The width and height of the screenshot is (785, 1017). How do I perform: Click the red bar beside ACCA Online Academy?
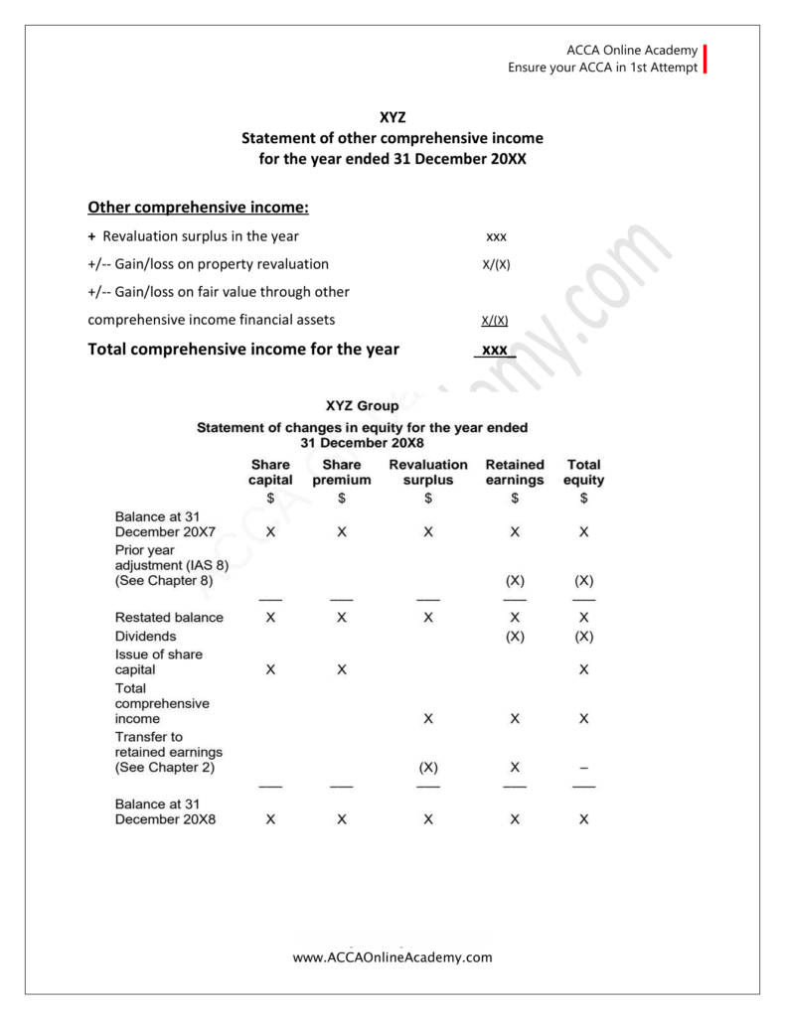tap(705, 60)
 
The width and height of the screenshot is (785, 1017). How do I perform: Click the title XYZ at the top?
tap(392, 117)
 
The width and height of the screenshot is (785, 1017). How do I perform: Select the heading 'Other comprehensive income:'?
tap(199, 208)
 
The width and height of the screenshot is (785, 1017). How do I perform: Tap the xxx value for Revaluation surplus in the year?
tap(496, 236)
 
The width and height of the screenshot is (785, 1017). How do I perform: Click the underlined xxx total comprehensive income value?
tap(495, 350)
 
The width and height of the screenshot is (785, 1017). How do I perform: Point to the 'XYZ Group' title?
tap(362, 405)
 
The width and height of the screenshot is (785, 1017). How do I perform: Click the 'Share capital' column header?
tap(270, 472)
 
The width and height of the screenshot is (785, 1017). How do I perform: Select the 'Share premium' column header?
tap(342, 472)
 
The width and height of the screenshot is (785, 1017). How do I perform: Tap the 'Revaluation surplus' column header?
tap(428, 472)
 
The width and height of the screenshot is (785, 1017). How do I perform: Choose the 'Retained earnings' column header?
tap(515, 472)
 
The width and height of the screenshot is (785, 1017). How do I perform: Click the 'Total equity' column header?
tap(583, 472)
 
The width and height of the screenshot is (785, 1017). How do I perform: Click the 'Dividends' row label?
tap(145, 636)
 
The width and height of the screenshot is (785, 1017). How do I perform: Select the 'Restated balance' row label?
tap(169, 617)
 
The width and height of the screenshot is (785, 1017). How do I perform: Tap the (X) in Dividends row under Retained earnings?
tap(515, 636)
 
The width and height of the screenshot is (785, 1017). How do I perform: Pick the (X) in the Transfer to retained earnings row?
tap(428, 768)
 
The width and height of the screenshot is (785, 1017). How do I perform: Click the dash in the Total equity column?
tap(583, 768)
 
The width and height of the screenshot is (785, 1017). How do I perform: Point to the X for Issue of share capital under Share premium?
tap(342, 669)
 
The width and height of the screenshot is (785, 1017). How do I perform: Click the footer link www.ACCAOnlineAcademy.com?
tap(392, 957)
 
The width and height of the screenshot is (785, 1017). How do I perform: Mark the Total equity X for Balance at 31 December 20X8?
tap(583, 819)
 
